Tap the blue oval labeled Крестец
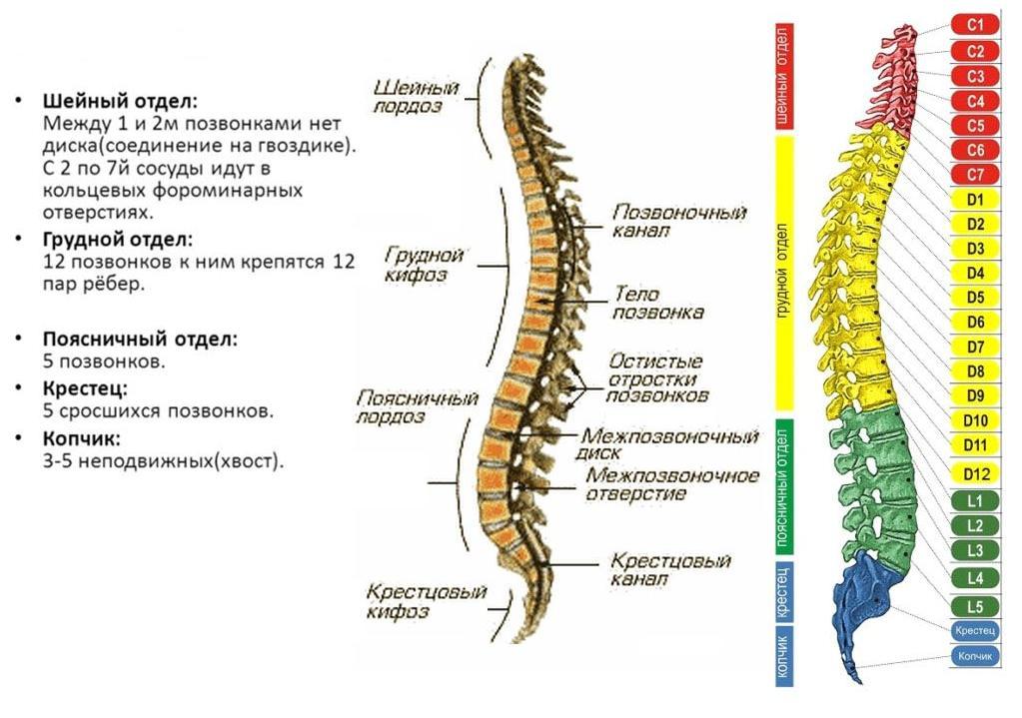pos(975,631)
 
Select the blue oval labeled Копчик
pos(975,656)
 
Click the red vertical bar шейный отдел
pos(784,76)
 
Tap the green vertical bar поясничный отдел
pos(784,486)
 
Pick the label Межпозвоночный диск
pos(671,445)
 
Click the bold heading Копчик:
pos(82,438)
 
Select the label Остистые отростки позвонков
pos(657,377)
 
